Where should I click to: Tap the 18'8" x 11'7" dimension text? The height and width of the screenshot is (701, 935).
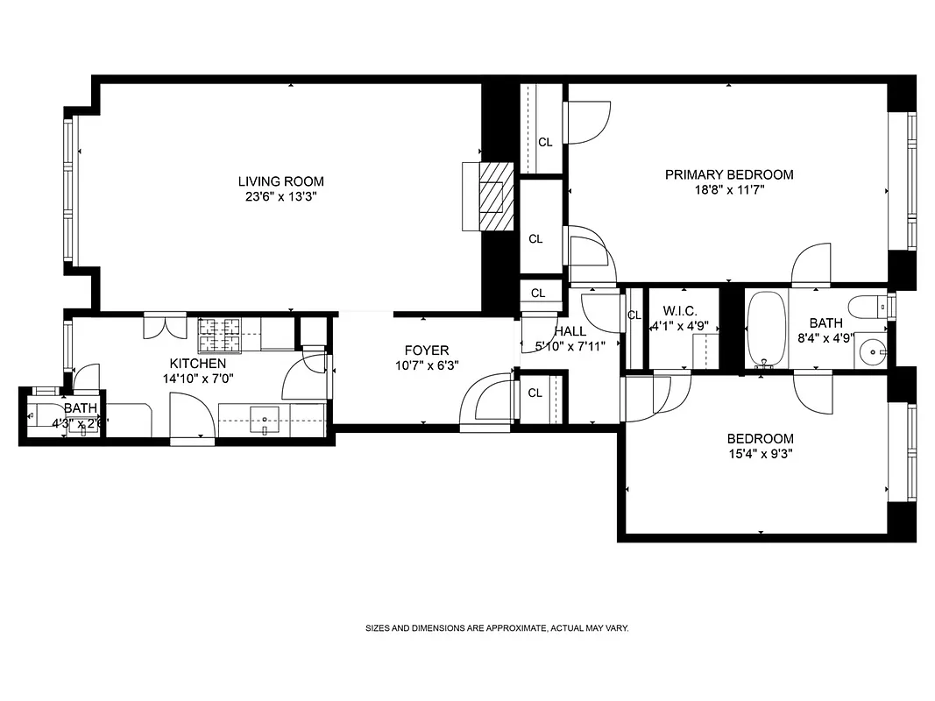point(729,190)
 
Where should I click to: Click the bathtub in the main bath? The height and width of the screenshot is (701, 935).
point(767,329)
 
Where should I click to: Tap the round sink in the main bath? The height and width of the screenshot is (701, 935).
point(872,353)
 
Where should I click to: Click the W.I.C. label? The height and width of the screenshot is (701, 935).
point(680,310)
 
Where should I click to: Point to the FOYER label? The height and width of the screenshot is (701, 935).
point(426,350)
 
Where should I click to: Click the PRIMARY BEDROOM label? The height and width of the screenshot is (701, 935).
point(729,174)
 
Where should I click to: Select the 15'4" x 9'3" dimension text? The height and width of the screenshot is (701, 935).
point(760,454)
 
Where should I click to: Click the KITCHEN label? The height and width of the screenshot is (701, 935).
point(197,363)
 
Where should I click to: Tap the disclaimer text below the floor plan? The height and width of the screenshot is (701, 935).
point(497,628)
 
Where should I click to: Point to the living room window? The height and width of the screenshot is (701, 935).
point(68,190)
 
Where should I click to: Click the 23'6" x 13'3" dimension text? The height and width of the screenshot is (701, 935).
point(280,197)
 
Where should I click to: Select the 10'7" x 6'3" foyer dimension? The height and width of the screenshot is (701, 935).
point(426,365)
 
